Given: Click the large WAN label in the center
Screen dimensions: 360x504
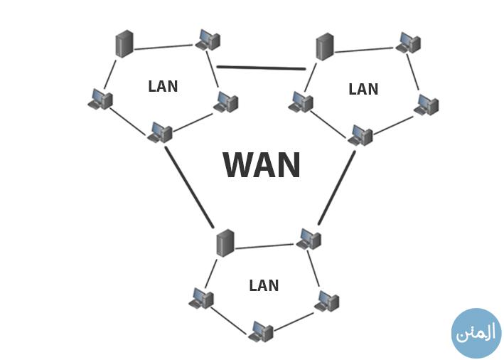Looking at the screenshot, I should [x=262, y=165].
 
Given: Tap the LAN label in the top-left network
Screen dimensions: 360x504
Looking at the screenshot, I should [x=163, y=86].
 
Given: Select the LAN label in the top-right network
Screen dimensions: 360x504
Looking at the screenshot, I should [x=363, y=89].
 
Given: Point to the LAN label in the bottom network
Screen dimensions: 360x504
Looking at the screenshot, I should [x=264, y=285].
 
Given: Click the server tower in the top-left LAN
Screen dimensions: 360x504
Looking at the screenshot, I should [x=124, y=44].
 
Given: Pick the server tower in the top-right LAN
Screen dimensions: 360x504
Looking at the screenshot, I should [x=325, y=47].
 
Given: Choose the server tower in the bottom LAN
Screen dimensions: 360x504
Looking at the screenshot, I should [x=225, y=243].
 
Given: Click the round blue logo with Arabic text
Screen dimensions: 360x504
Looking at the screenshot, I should [x=476, y=333].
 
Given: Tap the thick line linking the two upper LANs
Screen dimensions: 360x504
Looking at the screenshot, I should [x=261, y=68].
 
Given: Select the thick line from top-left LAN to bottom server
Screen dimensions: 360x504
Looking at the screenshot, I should [x=189, y=186].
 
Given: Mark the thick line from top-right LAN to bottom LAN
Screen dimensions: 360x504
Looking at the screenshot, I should [x=337, y=187].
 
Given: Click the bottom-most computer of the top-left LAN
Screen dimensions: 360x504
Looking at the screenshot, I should [x=161, y=132].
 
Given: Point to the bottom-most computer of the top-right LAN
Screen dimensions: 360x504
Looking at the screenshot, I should [x=361, y=135].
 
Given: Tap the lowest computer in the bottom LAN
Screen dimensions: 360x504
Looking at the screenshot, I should [x=262, y=331].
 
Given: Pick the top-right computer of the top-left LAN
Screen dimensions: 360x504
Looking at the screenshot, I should [x=208, y=39].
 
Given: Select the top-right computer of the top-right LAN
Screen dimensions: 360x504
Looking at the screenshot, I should [x=409, y=42].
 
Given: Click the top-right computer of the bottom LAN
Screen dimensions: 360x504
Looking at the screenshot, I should [x=309, y=238].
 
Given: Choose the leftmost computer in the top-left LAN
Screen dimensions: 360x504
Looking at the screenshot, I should [x=100, y=100].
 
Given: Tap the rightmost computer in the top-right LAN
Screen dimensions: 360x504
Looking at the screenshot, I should [x=427, y=105].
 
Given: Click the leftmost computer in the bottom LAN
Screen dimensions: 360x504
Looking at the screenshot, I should [x=201, y=298].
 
